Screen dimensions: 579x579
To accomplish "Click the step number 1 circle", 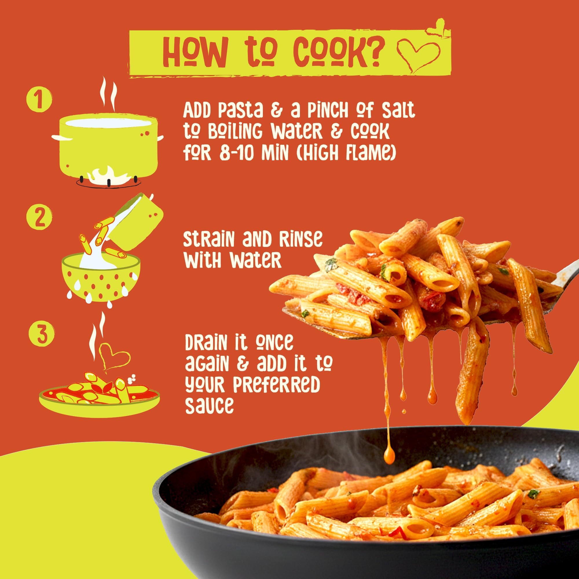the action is click(39, 99).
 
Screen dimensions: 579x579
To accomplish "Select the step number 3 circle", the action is click(42, 334).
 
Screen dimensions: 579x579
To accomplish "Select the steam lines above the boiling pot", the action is click(108, 93).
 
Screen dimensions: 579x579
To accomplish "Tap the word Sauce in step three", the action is click(209, 406).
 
